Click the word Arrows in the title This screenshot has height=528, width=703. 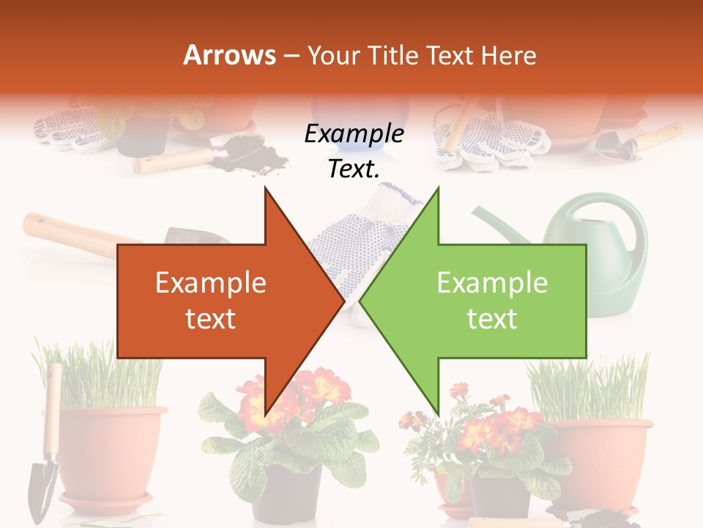tap(229, 55)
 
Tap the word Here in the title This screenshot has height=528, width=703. tap(509, 55)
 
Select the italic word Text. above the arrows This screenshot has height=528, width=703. tap(354, 169)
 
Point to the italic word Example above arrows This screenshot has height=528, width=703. tap(354, 134)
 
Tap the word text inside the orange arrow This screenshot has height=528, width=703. tap(210, 319)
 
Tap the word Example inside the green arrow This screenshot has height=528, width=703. tap(492, 283)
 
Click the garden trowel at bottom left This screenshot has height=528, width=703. tap(45, 469)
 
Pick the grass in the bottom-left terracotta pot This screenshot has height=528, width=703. tap(103, 378)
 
